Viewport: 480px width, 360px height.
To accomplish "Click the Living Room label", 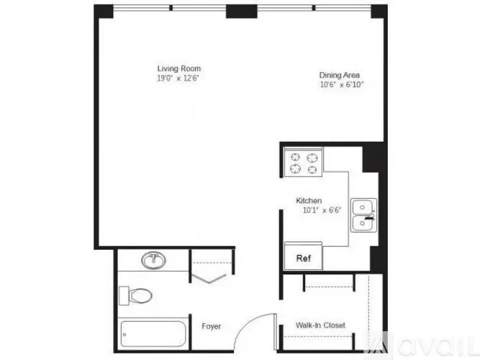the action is [x=179, y=68].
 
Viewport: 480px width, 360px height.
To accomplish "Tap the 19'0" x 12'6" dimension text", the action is [x=178, y=78].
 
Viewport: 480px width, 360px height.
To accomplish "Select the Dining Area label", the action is [x=340, y=75].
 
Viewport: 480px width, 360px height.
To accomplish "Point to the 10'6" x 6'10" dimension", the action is [x=342, y=84].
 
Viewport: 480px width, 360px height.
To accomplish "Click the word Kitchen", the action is [x=309, y=201].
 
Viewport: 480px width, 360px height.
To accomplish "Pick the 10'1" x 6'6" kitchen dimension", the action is [x=322, y=210].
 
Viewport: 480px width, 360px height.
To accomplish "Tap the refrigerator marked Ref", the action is [x=304, y=256].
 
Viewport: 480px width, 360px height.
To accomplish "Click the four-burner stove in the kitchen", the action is [x=304, y=163].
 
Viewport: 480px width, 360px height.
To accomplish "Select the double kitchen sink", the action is [x=363, y=215].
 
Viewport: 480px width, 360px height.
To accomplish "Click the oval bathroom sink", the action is [x=154, y=261].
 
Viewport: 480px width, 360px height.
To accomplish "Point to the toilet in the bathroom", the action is [x=135, y=296].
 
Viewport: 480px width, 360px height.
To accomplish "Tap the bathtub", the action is [x=153, y=333].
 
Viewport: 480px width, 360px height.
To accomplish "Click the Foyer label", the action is [x=212, y=326].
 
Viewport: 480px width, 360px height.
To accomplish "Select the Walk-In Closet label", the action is [x=320, y=325].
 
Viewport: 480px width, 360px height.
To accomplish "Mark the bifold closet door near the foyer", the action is [x=209, y=279].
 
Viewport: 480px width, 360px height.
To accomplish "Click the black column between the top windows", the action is [x=242, y=12].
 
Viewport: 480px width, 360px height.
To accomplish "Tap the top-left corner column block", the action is [x=104, y=12].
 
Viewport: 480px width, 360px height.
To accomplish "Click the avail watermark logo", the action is [x=422, y=346].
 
